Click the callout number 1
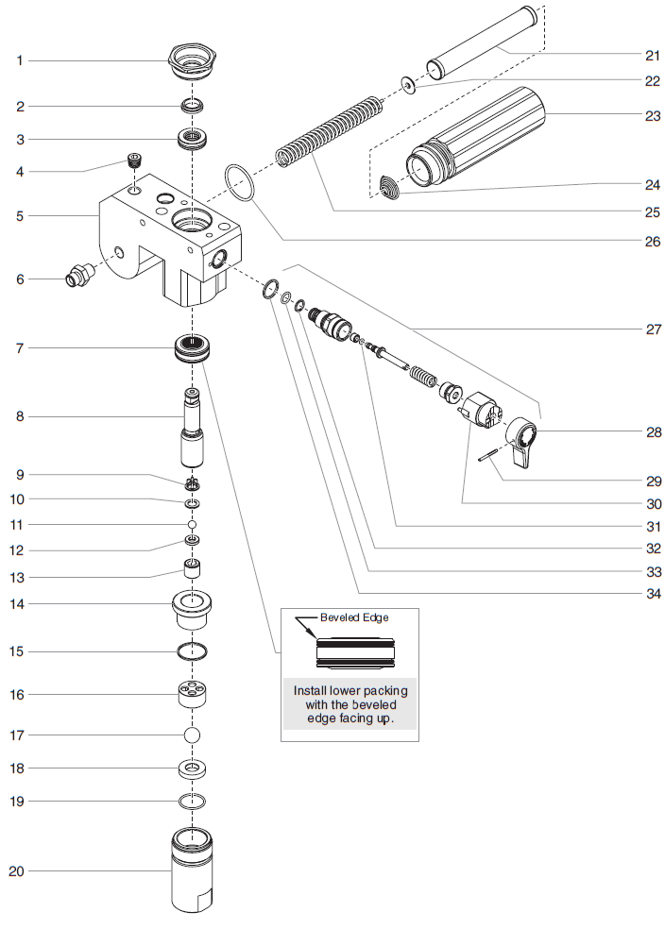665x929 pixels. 19,60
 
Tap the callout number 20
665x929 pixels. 16,871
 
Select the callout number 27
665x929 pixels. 653,329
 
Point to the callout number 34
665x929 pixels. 653,595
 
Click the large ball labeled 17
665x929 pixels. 193,735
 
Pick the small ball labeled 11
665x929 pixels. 193,523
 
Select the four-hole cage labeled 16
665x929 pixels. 193,694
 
